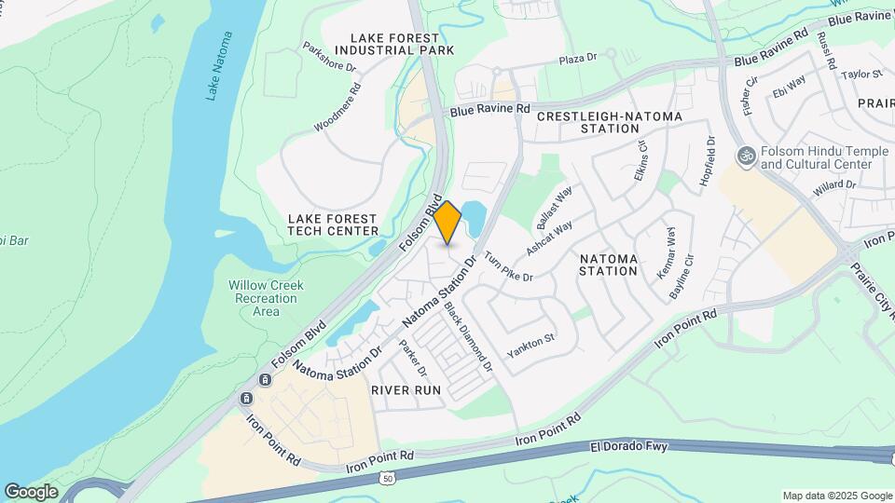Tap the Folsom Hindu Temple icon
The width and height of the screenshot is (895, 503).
click(x=745, y=156)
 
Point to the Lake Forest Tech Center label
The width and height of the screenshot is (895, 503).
click(x=333, y=224)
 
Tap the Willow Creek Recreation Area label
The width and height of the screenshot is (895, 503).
click(x=267, y=298)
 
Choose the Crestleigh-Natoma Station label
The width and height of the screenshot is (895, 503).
click(x=610, y=122)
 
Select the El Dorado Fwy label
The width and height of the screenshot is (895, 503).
click(x=629, y=448)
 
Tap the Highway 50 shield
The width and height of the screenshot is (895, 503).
click(x=386, y=478)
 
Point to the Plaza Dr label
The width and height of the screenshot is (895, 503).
click(x=577, y=59)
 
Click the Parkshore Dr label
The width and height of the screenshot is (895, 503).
click(x=330, y=57)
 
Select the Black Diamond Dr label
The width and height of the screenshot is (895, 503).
click(x=468, y=337)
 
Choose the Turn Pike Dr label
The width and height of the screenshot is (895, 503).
click(x=508, y=265)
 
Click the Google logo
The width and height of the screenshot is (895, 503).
click(x=31, y=491)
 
